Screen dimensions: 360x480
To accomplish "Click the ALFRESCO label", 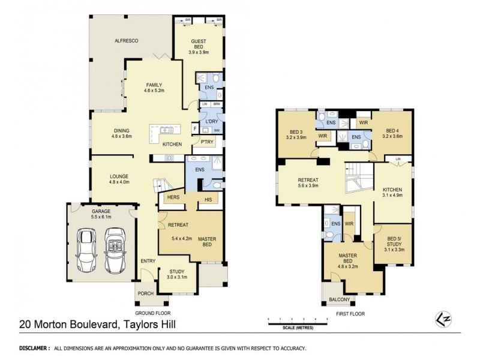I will (x=127, y=40).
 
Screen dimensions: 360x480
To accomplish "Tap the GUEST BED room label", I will (x=199, y=44).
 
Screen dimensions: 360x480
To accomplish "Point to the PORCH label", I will (x=146, y=293).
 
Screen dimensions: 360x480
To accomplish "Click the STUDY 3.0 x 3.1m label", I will (x=177, y=274).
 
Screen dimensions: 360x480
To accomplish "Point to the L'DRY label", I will (x=211, y=122).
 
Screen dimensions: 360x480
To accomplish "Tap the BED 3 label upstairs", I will (x=296, y=134).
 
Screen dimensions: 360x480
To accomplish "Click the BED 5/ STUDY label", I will (x=393, y=242).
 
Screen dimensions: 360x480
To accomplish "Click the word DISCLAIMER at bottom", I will (x=35, y=348).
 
